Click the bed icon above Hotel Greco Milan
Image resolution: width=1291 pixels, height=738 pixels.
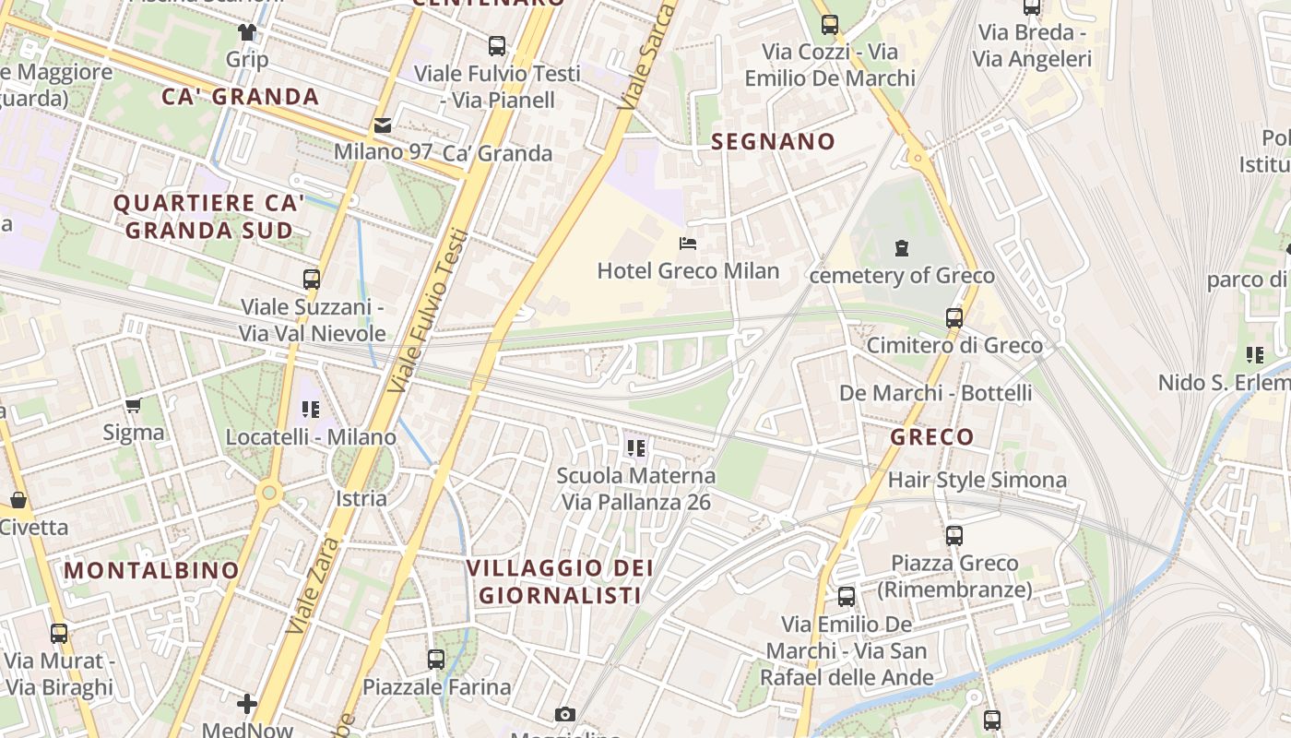[x=687, y=244]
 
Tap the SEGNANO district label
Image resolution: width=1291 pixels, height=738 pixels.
[x=774, y=142]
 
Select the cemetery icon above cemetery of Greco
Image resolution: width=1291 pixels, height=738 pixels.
[x=901, y=248]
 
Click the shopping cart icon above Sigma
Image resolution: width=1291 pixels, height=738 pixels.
[x=134, y=406]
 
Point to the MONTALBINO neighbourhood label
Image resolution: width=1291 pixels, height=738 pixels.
[x=152, y=570]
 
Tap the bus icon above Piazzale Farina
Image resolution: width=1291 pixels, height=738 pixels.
[x=436, y=660]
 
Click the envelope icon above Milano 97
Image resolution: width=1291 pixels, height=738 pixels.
[x=382, y=125]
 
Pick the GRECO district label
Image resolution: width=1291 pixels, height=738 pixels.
[x=931, y=437]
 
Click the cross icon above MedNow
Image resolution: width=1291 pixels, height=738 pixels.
[x=247, y=704]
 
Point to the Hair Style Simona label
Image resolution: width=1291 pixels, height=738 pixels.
[x=977, y=480]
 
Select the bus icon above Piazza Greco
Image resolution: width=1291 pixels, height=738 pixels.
[x=953, y=536]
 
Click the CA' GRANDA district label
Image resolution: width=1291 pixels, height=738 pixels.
[x=240, y=97]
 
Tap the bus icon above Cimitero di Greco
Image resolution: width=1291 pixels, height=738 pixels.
[x=954, y=318]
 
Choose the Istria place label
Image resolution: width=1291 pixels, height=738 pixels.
[x=361, y=498]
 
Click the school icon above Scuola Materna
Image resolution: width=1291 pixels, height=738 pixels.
[x=635, y=448]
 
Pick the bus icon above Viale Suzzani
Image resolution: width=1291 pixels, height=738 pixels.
[x=312, y=280]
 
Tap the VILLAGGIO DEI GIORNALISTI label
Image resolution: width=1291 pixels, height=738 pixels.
[x=560, y=581]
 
